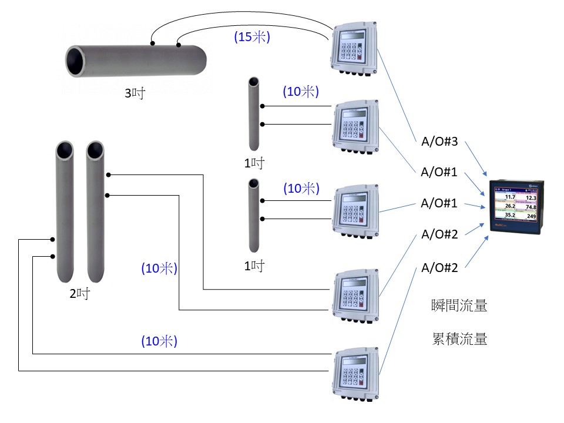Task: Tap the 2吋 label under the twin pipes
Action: [x=79, y=293]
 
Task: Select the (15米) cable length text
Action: [x=252, y=37]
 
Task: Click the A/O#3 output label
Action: [x=439, y=142]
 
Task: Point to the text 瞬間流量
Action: [x=458, y=305]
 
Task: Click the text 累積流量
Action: [x=458, y=339]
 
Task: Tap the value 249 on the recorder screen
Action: [x=531, y=217]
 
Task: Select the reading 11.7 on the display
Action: [x=510, y=197]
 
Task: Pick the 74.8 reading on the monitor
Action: [x=531, y=207]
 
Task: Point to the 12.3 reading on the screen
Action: [x=531, y=198]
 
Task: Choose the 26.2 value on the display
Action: [x=510, y=207]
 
